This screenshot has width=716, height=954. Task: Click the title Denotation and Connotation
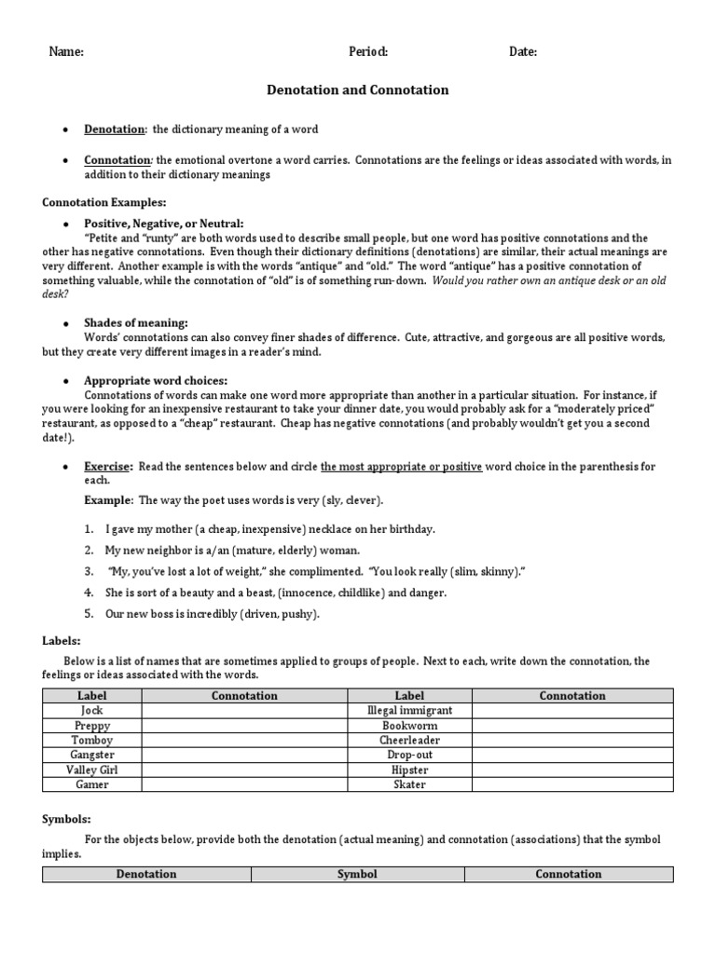358,90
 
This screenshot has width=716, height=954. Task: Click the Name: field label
66,52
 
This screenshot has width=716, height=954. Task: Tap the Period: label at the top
368,52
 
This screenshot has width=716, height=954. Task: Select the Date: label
522,52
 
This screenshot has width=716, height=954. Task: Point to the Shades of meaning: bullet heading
136,322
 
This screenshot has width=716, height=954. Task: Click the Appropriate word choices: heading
156,380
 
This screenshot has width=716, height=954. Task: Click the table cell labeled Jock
91,710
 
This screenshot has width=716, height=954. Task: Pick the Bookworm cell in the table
409,725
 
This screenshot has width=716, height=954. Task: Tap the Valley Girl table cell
91,770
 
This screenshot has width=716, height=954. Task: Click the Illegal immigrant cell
409,710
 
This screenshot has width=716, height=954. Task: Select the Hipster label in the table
409,770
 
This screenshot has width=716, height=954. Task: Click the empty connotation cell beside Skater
571,784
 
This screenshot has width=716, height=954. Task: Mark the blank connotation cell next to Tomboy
244,740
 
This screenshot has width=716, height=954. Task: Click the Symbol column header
358,874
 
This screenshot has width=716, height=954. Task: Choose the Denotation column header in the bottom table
145,874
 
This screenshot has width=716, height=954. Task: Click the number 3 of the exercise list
89,571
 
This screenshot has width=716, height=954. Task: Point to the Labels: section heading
62,641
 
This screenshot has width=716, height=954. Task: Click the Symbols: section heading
67,819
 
